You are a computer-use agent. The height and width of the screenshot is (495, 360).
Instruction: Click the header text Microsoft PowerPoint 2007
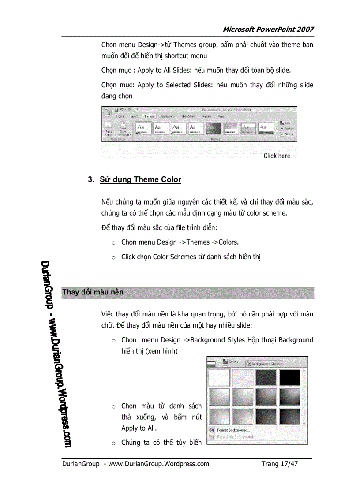pyautogui.click(x=268, y=30)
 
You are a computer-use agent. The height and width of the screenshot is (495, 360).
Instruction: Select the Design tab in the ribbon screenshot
pyautogui.click(x=149, y=116)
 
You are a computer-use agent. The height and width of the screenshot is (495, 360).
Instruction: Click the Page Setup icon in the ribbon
pyautogui.click(x=109, y=127)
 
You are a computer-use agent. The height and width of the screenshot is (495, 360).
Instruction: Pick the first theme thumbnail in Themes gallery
pyautogui.click(x=142, y=128)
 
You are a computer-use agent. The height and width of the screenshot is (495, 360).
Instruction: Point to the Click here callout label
pyautogui.click(x=277, y=156)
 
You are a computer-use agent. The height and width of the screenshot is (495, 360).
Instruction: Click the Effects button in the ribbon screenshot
pyautogui.click(x=288, y=134)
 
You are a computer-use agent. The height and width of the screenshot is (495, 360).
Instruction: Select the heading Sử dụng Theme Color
pyautogui.click(x=140, y=179)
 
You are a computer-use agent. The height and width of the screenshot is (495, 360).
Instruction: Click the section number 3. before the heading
pyautogui.click(x=91, y=179)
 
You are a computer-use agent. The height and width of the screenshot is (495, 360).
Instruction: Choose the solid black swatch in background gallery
pyautogui.click(x=289, y=378)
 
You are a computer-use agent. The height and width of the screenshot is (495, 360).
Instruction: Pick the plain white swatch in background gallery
pyautogui.click(x=219, y=378)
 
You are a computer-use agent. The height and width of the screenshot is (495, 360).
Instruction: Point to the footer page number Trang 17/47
pyautogui.click(x=279, y=464)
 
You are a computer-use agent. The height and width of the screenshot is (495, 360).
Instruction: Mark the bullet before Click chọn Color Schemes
pyautogui.click(x=113, y=257)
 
